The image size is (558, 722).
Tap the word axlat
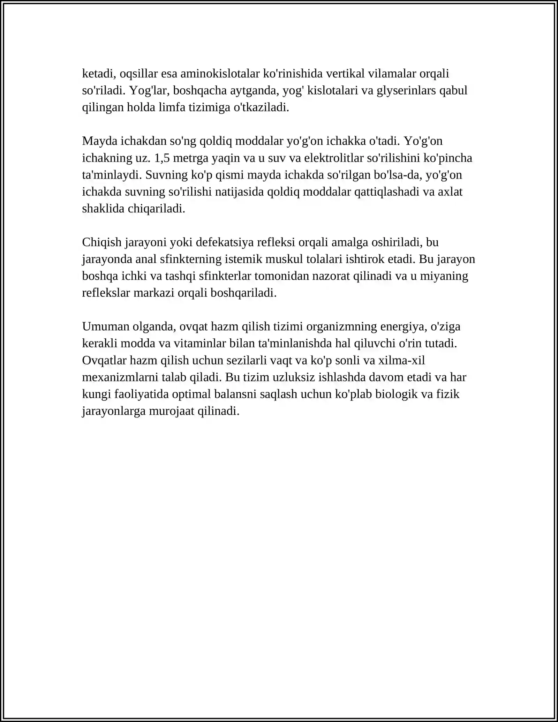click(451, 192)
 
